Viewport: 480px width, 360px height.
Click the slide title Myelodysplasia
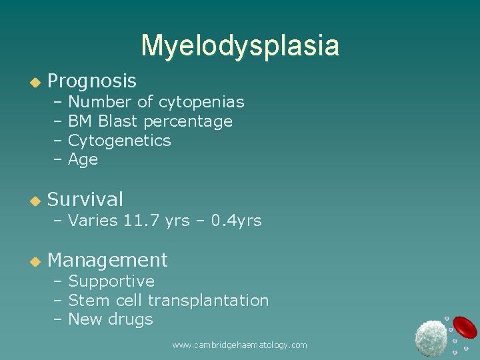pos(240,45)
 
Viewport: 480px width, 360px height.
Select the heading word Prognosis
pos(92,81)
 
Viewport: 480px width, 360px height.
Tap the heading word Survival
pos(85,199)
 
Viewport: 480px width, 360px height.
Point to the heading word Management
pos(107,260)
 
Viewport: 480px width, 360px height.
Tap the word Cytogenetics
pos(119,141)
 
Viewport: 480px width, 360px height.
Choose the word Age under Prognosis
pos(83,160)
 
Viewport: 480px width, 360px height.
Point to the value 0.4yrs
pos(236,221)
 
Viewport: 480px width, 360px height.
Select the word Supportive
pos(111,281)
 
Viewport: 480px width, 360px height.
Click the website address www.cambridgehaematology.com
pos(239,345)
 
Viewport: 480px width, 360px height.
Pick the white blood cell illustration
pos(431,338)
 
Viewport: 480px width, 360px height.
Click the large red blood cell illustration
pos(465,327)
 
